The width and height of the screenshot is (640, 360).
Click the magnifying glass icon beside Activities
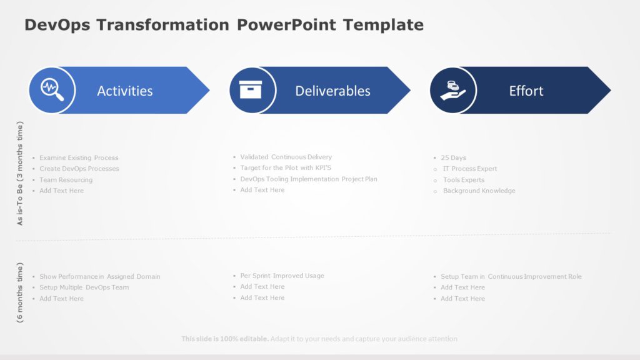pos(52,90)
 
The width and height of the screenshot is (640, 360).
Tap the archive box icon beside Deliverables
pos(252,90)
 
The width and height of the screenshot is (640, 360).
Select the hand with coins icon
pos(452,90)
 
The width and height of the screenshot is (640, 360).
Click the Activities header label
pos(125,91)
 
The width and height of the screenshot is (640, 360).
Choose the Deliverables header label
pos(332,91)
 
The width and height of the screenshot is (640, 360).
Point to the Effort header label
pos(526,91)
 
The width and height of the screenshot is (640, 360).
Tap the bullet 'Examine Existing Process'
pos(79,158)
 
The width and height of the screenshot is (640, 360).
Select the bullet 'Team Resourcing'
pos(66,180)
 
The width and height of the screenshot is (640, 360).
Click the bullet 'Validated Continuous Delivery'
pos(286,157)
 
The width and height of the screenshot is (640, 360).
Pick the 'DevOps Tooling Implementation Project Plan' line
pos(309,179)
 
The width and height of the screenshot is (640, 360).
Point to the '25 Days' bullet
pos(453,158)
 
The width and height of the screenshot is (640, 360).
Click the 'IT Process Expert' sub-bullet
pos(470,169)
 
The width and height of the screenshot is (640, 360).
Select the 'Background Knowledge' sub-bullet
pos(479,191)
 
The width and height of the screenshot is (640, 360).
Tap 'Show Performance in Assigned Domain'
pos(100,276)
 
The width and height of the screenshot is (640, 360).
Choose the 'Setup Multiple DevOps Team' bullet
pos(84,287)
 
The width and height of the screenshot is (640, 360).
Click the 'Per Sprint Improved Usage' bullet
pos(282,276)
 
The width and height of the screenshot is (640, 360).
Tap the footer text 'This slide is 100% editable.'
pos(225,339)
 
